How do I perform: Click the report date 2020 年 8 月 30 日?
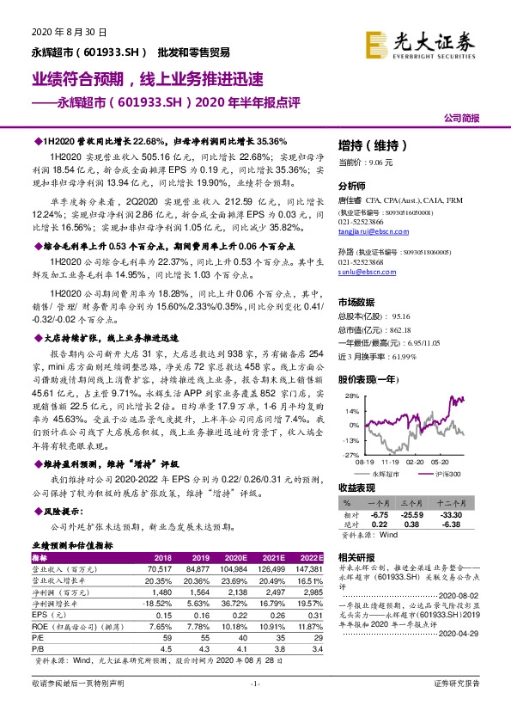(x=59, y=32)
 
